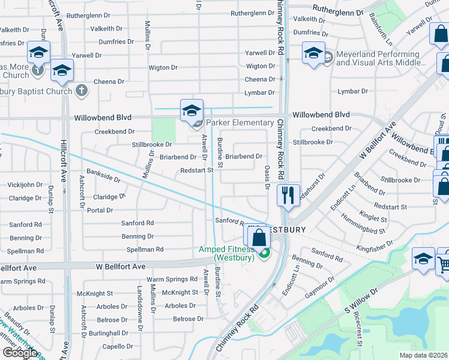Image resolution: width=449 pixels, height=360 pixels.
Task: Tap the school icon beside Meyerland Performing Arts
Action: click(x=313, y=53)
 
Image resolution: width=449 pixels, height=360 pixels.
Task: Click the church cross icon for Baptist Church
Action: click(x=82, y=91)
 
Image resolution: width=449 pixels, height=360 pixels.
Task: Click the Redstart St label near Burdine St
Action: click(x=197, y=170)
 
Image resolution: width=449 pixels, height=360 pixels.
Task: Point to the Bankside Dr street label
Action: click(x=103, y=178)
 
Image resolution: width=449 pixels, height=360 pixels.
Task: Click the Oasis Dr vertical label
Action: click(x=267, y=177)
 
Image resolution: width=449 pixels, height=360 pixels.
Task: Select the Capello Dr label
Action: click(x=117, y=346)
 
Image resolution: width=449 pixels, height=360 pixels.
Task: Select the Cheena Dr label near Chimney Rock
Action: click(x=260, y=79)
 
